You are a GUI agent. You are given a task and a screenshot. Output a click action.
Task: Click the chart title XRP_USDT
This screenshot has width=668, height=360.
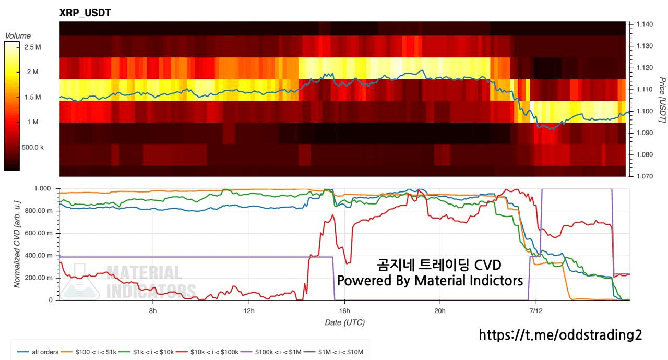pos(85,13)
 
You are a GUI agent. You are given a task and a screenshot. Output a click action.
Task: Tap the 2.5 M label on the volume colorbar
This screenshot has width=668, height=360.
pos(32,47)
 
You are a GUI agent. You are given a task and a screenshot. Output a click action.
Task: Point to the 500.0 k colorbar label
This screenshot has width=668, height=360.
pos(32,147)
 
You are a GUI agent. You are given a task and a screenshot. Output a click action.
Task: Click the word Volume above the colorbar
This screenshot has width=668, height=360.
pos(18,36)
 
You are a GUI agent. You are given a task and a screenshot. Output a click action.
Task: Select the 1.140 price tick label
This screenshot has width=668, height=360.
pos(645,24)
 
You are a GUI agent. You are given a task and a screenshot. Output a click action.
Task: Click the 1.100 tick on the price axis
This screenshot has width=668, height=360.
pos(645,111)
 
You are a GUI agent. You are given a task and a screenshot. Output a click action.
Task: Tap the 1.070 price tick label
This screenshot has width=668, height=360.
pos(645,176)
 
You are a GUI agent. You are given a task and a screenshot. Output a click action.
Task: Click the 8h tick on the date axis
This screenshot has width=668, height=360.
pos(153,311)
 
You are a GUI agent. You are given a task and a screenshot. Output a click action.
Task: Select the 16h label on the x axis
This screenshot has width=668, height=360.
pos(344,311)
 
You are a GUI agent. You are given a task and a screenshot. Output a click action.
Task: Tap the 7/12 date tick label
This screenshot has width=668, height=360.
pos(536,311)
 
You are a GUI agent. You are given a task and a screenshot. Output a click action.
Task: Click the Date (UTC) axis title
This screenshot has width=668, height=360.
pos(345,322)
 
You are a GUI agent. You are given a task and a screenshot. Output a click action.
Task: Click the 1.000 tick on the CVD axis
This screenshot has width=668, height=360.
pos(42,188)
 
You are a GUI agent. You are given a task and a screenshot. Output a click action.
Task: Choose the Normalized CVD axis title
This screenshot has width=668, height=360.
pos(17,244)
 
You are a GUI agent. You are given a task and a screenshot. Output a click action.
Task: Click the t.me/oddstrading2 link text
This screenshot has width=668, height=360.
pos(560,334)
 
